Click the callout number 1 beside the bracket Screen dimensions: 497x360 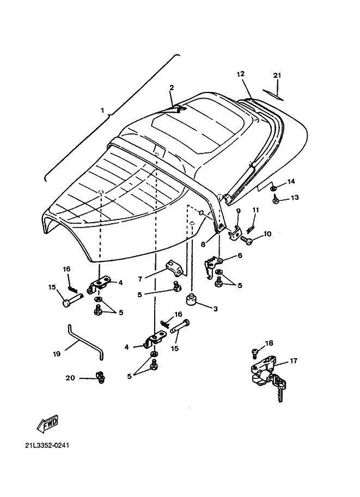point(102,111)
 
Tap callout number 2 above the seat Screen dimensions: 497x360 point(172,87)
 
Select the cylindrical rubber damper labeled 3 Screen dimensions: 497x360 point(191,300)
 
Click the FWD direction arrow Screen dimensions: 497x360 point(47,422)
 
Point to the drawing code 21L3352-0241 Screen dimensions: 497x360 point(47,445)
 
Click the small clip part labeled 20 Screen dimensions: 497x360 point(100,376)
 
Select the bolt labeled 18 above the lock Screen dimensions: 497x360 point(254,352)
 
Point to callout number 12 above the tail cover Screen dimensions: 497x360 point(241,73)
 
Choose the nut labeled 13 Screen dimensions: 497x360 point(276,201)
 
